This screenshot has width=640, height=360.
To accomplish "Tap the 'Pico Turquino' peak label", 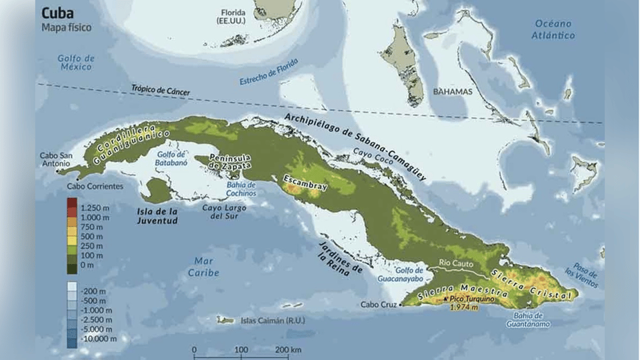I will tap(475, 299).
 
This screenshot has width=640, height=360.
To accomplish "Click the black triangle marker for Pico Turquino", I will tap(445, 300).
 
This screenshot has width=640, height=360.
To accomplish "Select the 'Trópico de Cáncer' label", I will tap(161, 90).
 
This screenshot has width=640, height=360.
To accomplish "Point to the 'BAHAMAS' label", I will tap(452, 91).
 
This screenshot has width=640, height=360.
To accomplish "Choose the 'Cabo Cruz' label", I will tap(378, 305).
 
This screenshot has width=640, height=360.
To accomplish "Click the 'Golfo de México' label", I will tap(75, 63).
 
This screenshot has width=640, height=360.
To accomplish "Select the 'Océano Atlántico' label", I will tap(553, 29).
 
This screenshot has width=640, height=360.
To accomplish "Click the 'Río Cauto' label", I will tap(455, 263).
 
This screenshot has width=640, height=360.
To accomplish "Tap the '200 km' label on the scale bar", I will tap(287, 350).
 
